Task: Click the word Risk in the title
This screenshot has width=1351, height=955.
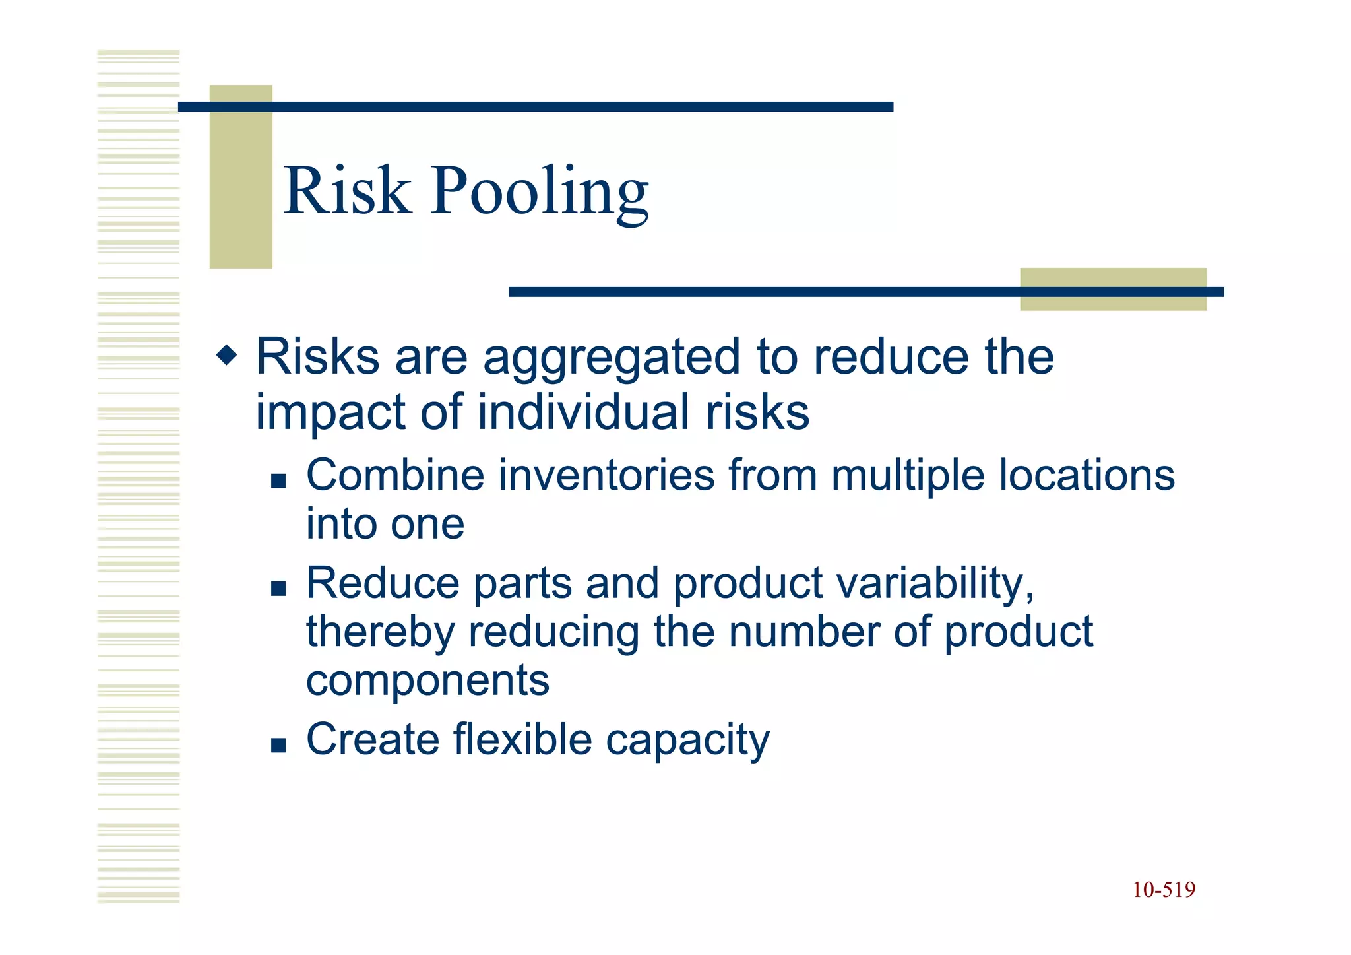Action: click(x=347, y=191)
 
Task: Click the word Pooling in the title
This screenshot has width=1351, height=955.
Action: click(x=539, y=193)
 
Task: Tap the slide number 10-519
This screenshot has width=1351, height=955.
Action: click(x=1164, y=890)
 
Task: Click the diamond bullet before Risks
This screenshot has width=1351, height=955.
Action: click(x=226, y=356)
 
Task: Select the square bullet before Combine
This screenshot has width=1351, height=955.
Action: click(x=278, y=480)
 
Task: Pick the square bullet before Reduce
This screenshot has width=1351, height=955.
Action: click(x=278, y=588)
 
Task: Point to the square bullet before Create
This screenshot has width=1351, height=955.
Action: click(x=278, y=745)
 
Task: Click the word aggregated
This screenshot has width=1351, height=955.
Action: click(x=612, y=358)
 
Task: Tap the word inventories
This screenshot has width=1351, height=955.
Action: click(x=607, y=475)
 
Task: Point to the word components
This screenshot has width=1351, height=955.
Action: click(x=427, y=682)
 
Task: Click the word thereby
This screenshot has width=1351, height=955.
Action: click(x=380, y=632)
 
